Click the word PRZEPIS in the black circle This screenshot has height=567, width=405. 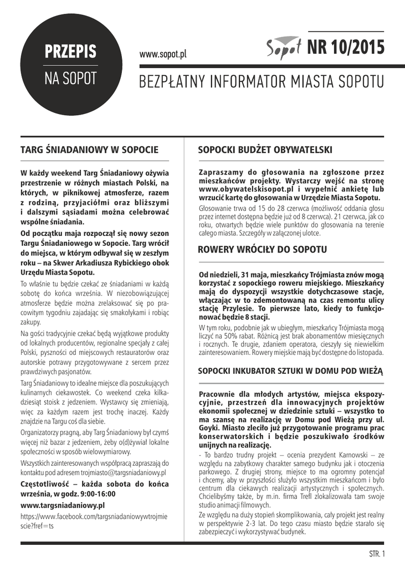(x=71, y=52)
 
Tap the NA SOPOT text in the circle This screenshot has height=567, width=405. (x=71, y=78)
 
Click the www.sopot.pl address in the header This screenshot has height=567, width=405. (x=163, y=54)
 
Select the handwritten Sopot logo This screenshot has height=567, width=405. (x=284, y=49)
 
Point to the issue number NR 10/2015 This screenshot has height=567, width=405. (x=345, y=48)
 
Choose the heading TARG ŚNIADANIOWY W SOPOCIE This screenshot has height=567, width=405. (x=89, y=150)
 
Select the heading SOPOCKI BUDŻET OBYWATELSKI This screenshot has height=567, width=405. (x=265, y=150)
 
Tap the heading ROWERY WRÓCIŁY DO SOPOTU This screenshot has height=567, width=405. (x=263, y=250)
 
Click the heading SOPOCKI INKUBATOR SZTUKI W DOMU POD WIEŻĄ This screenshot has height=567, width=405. (x=290, y=370)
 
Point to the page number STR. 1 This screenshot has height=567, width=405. (x=377, y=554)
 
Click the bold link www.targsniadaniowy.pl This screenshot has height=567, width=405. (x=63, y=505)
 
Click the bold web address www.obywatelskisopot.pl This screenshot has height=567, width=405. (x=248, y=189)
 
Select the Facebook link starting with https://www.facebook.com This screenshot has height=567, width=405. (x=93, y=516)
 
